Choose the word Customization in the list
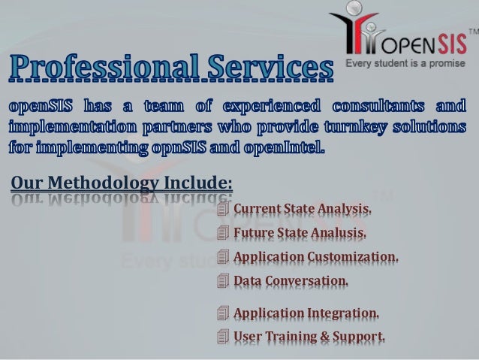(x=350, y=257)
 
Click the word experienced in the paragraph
(x=239, y=104)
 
